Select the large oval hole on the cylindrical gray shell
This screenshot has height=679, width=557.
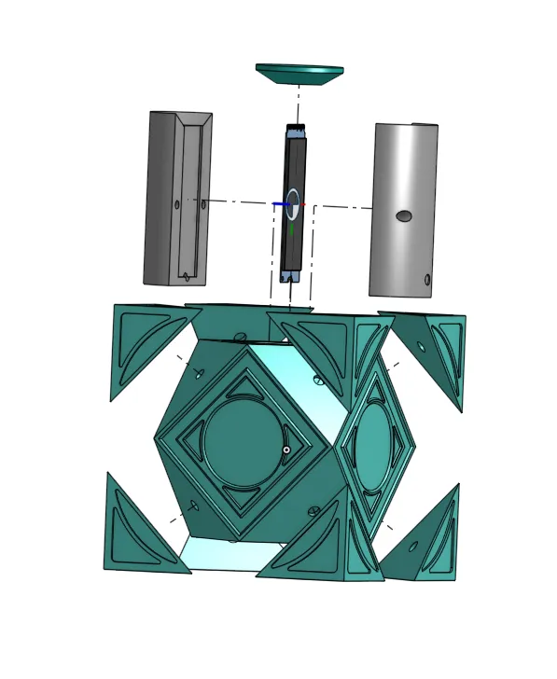pyautogui.click(x=403, y=216)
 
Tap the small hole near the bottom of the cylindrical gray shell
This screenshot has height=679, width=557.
pyautogui.click(x=427, y=279)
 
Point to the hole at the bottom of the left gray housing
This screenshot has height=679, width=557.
pyautogui.click(x=187, y=276)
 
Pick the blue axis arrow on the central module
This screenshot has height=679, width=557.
pyautogui.click(x=280, y=203)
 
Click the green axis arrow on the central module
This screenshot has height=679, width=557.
pyautogui.click(x=291, y=228)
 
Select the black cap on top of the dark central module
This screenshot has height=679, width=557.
pyautogui.click(x=296, y=128)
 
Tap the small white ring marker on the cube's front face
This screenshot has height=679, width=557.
pyautogui.click(x=286, y=450)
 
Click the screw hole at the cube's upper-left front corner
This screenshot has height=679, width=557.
pyautogui.click(x=200, y=373)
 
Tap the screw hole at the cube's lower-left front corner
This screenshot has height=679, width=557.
pyautogui.click(x=194, y=506)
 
